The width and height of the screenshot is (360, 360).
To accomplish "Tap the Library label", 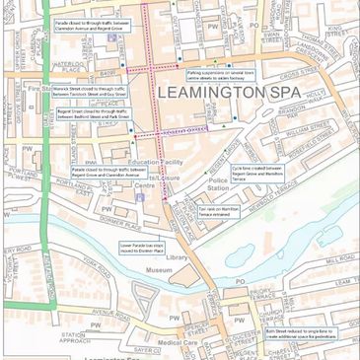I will [177, 257].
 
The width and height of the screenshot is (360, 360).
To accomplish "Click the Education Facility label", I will [157, 161].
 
